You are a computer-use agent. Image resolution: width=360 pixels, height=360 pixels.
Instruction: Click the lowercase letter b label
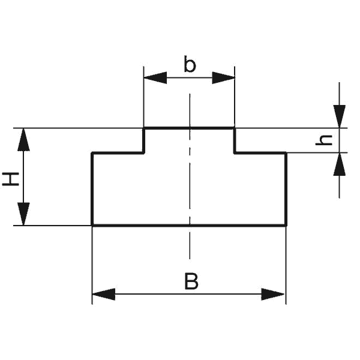(190, 65)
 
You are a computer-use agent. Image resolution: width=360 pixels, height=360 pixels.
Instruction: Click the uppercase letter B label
(191, 281)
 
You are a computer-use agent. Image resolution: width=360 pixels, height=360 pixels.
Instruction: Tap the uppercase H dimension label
(11, 178)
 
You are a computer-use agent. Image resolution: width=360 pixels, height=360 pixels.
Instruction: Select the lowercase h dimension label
(325, 140)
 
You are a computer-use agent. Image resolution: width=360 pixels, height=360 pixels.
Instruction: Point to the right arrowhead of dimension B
(274, 294)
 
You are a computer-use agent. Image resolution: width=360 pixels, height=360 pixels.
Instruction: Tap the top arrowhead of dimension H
(23, 139)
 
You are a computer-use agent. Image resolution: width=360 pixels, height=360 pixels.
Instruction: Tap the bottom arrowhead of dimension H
(23, 214)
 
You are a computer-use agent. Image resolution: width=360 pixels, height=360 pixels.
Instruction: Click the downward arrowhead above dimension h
(340, 116)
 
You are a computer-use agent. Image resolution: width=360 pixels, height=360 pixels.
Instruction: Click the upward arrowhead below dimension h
(340, 164)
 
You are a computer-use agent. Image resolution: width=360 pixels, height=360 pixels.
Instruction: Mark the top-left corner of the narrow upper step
(144, 128)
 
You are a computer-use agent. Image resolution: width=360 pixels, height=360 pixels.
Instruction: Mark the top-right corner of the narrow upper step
(234, 128)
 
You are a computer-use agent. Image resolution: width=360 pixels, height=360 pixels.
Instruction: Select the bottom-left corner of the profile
(92, 225)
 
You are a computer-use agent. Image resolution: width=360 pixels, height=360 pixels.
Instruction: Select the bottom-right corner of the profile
(286, 225)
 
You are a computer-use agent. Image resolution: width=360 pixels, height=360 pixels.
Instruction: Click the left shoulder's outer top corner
(92, 153)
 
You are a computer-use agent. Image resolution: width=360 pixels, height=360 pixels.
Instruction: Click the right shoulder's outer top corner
(286, 153)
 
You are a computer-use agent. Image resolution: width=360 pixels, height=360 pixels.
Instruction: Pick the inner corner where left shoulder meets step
(144, 153)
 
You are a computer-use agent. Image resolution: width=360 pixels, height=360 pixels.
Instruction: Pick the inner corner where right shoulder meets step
(234, 153)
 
